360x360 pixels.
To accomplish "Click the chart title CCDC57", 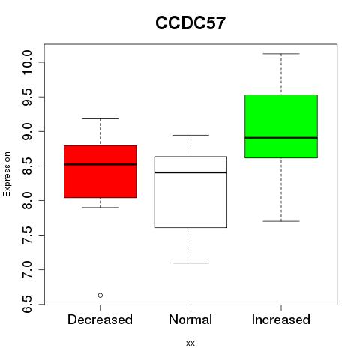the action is [x=190, y=23].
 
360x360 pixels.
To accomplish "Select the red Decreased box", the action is [x=100, y=172].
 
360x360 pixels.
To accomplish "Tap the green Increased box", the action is [x=281, y=126].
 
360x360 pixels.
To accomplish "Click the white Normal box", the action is [x=190, y=192].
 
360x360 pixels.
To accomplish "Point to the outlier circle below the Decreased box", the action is [x=100, y=295].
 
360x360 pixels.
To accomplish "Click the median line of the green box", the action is [x=281, y=138].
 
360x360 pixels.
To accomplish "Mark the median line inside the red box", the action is [x=100, y=164].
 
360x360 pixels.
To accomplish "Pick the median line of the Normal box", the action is [x=190, y=172].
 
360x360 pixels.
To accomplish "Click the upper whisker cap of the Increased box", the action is [x=281, y=54].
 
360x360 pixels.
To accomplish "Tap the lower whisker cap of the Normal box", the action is [x=190, y=262].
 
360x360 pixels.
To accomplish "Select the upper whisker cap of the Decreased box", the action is [x=100, y=118].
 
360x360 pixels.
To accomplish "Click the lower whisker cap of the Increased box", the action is [x=281, y=221].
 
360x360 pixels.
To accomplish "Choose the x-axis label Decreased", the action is [x=100, y=319].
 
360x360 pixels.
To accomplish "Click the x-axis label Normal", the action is [x=190, y=319].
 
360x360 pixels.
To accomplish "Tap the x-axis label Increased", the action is [x=281, y=319].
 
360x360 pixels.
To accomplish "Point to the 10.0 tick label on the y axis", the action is [x=27, y=62].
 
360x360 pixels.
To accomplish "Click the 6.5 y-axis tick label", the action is [x=27, y=304].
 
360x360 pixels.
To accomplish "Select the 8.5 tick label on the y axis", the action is [x=27, y=166].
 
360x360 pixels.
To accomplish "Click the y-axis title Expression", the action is [x=7, y=174].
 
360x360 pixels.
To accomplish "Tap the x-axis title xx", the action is [x=190, y=343].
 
